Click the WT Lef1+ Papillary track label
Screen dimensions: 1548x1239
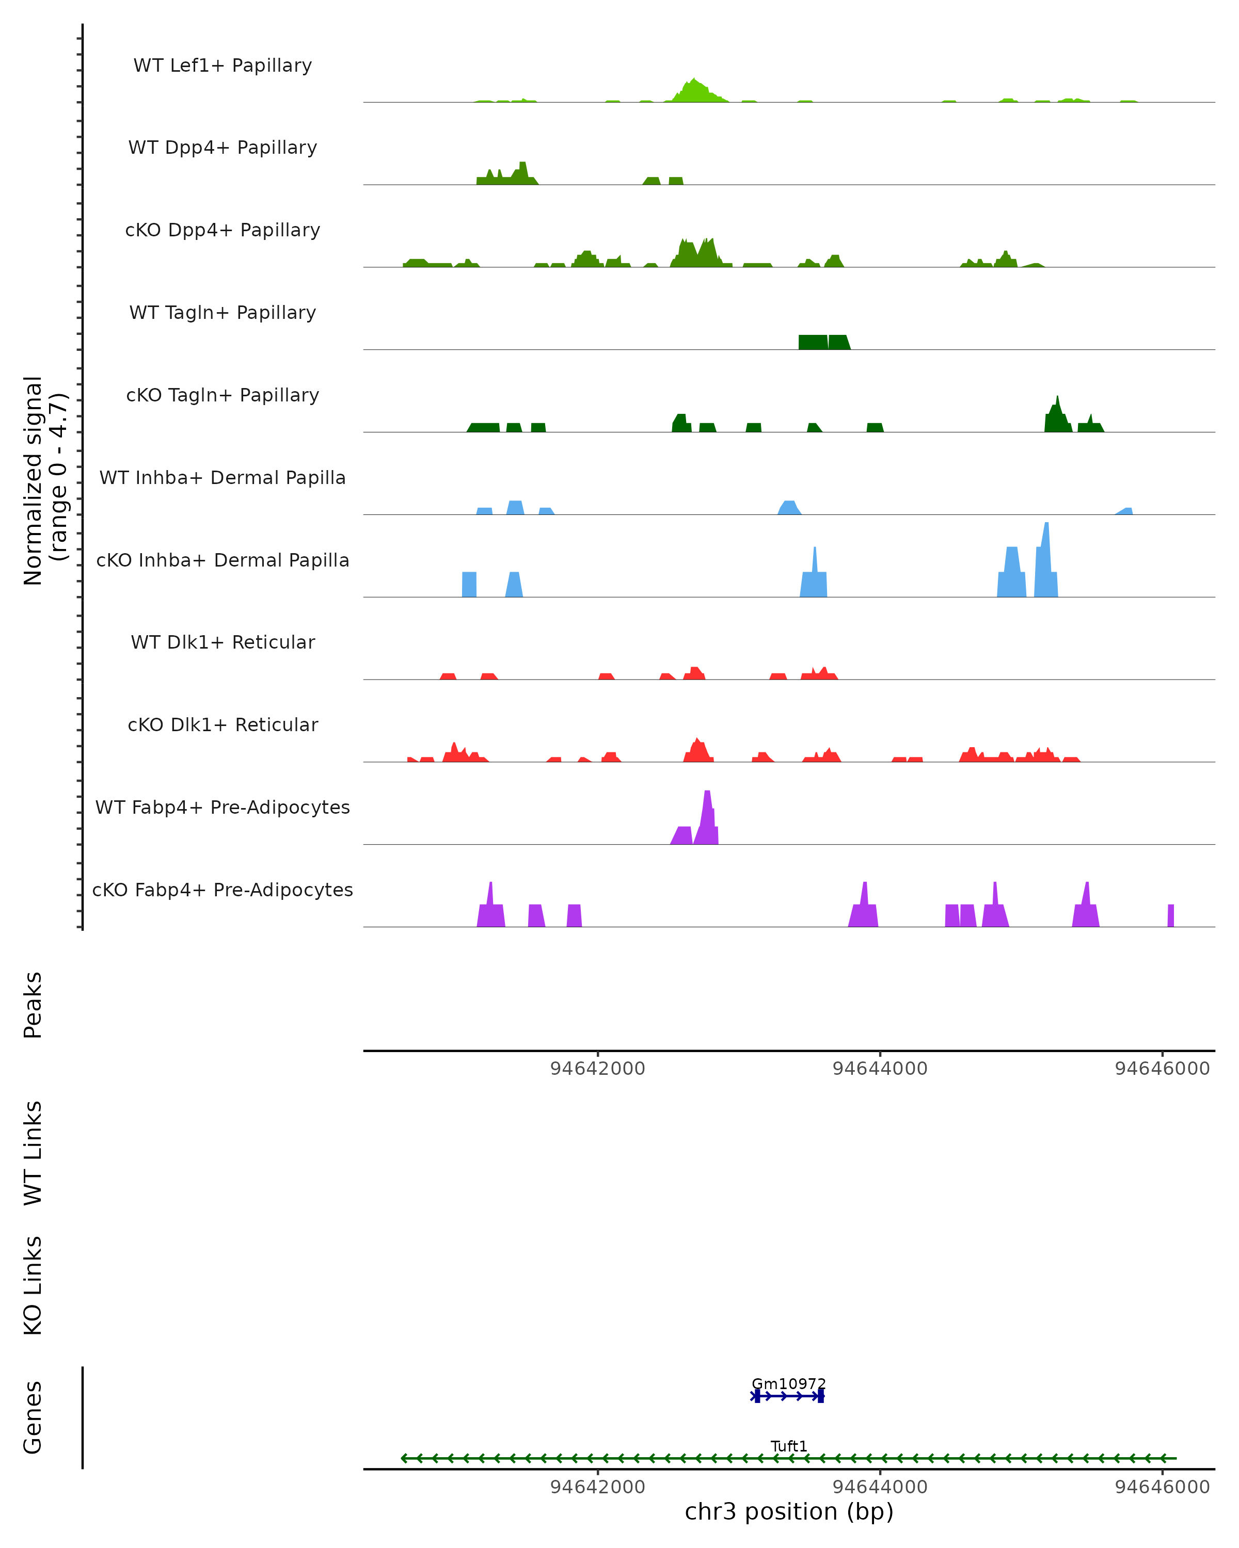223,66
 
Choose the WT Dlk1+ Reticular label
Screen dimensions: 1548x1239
223,642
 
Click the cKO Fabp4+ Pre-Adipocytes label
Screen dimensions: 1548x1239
223,890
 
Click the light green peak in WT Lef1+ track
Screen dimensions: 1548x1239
694,92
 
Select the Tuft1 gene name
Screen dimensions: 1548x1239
789,1446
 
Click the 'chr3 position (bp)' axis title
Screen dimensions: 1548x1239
789,1511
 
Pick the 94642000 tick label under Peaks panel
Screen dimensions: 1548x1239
598,1069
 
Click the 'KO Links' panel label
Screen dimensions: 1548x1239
33,1286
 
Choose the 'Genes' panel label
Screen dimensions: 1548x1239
33,1417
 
